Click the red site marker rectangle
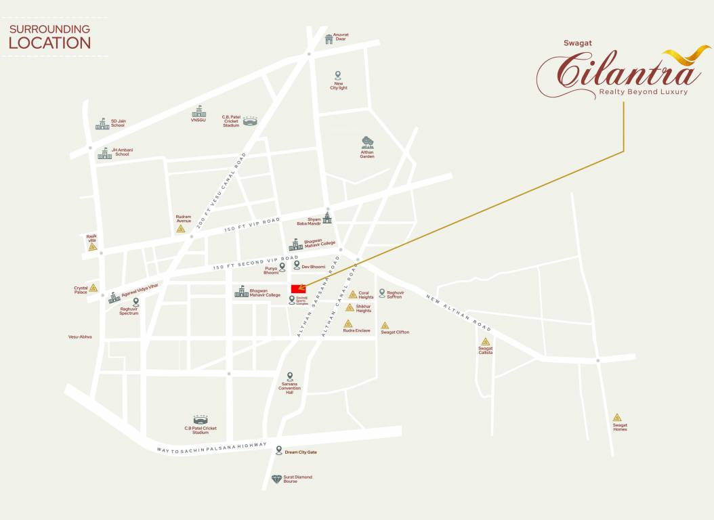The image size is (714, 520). pyautogui.click(x=298, y=289)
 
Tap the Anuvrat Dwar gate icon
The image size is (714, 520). pyautogui.click(x=329, y=39)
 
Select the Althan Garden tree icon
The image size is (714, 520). pyautogui.click(x=367, y=142)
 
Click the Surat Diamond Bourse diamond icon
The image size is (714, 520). pyautogui.click(x=276, y=479)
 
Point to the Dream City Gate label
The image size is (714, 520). pyautogui.click(x=301, y=452)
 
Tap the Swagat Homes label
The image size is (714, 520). pyautogui.click(x=620, y=427)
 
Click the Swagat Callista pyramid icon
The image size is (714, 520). pyautogui.click(x=486, y=341)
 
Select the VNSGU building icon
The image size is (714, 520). pyautogui.click(x=198, y=111)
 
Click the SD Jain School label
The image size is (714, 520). pyautogui.click(x=119, y=123)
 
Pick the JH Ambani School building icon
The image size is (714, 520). pyautogui.click(x=104, y=153)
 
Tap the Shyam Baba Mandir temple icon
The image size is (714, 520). pyautogui.click(x=327, y=217)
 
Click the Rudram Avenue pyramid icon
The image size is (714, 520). pyautogui.click(x=181, y=228)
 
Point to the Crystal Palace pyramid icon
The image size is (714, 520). pyautogui.click(x=93, y=288)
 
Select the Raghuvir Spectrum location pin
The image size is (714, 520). pyautogui.click(x=136, y=302)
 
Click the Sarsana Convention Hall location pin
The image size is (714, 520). pyautogui.click(x=290, y=376)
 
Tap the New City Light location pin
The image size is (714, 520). pyautogui.click(x=338, y=75)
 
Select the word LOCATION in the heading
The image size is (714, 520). pyautogui.click(x=49, y=43)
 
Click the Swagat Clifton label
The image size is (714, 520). pyautogui.click(x=395, y=332)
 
